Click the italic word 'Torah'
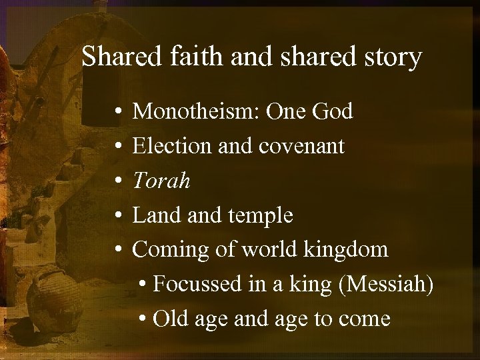[162, 181]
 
